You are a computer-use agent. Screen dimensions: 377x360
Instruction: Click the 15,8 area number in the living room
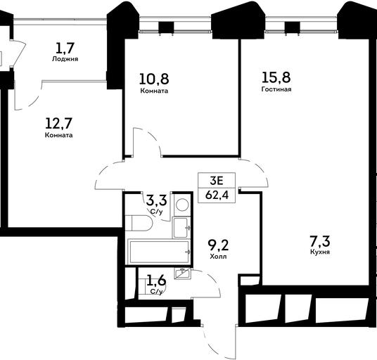click(276, 77)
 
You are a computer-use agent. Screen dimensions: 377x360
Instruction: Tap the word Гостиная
click(276, 89)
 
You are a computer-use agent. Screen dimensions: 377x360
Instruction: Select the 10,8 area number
click(154, 79)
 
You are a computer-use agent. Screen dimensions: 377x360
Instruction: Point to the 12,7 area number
click(59, 124)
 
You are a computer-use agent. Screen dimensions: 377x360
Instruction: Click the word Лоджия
click(65, 59)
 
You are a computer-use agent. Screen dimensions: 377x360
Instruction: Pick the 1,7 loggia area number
click(65, 48)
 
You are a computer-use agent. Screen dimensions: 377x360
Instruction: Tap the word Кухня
click(320, 252)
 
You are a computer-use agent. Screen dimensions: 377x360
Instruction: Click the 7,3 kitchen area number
click(320, 241)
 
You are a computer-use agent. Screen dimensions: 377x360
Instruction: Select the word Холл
click(218, 257)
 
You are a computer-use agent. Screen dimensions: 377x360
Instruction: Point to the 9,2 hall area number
click(218, 245)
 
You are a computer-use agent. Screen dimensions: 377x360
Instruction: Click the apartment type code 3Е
click(217, 181)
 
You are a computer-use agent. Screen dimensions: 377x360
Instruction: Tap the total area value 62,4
click(217, 195)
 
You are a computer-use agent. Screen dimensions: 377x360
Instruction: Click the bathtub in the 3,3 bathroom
click(159, 252)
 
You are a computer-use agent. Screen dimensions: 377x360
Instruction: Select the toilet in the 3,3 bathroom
click(139, 224)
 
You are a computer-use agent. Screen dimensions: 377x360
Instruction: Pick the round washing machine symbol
click(182, 205)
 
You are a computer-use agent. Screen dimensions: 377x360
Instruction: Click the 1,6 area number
click(157, 281)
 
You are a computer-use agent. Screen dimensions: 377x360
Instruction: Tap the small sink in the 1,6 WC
click(182, 274)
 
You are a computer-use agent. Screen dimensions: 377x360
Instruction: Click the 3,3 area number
click(157, 200)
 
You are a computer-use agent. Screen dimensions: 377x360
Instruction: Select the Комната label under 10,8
click(154, 91)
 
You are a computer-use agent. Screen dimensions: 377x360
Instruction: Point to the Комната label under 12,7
click(58, 135)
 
